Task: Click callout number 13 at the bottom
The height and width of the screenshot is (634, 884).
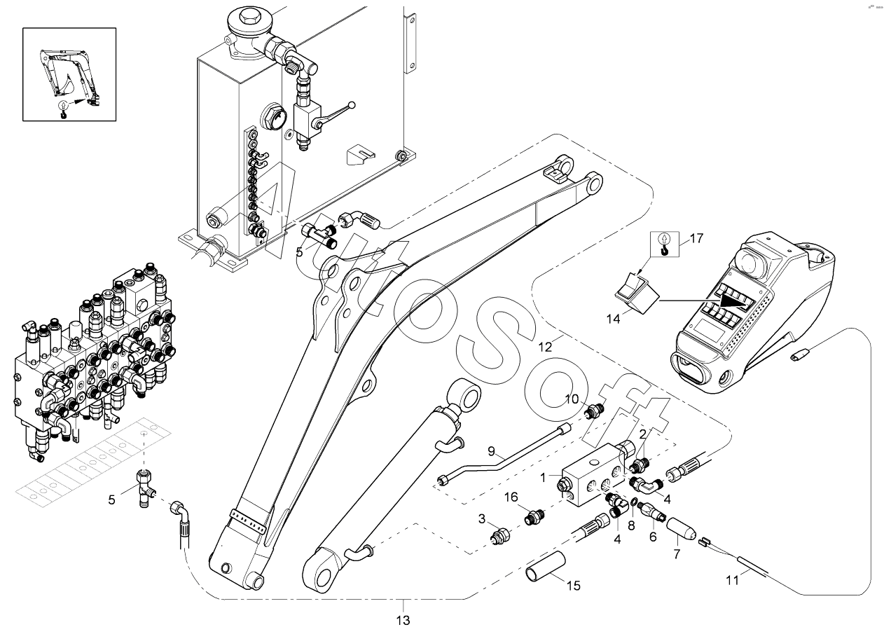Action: [x=403, y=621]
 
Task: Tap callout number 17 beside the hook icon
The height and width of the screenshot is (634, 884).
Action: [x=696, y=238]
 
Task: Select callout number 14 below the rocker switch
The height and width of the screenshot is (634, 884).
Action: [x=614, y=319]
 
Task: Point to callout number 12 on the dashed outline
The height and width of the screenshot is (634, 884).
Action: [x=545, y=347]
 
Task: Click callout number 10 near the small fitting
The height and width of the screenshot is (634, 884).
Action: [x=572, y=399]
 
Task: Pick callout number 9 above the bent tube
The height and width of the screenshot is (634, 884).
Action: [x=491, y=451]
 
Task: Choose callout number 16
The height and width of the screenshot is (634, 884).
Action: [x=511, y=497]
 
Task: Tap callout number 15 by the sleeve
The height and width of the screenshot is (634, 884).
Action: [x=574, y=586]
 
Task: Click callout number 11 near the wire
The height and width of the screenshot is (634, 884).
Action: [x=733, y=581]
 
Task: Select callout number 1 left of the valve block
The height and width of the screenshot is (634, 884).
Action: [x=543, y=478]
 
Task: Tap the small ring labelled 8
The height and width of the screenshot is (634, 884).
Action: [x=632, y=502]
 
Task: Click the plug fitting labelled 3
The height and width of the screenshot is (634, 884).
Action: [x=499, y=536]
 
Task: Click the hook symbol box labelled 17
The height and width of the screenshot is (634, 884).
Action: [x=665, y=244]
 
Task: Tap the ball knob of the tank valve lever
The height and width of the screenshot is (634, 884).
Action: [x=352, y=105]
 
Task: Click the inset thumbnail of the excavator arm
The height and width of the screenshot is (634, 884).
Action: [x=69, y=74]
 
